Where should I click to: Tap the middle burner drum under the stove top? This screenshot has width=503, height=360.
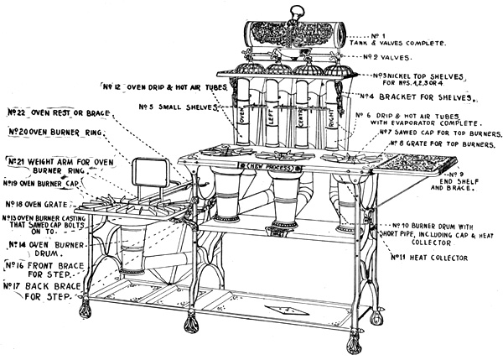(280, 193)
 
